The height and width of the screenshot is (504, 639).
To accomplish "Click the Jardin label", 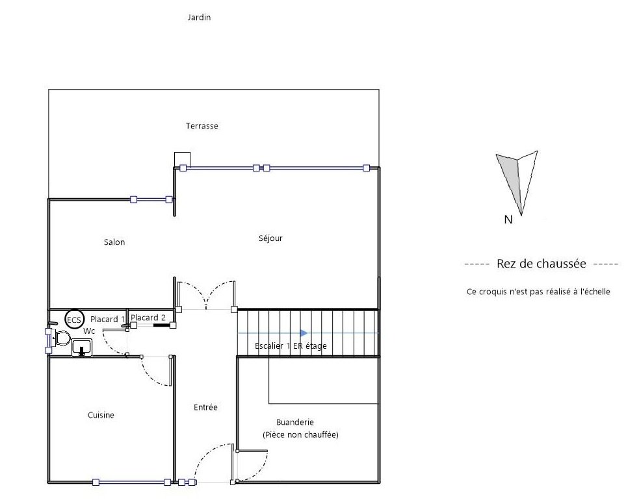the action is [199, 18].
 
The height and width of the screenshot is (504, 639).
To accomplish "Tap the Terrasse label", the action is [202, 126].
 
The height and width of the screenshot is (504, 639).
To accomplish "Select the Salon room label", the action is [114, 242].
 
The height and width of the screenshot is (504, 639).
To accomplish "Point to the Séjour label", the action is [270, 238].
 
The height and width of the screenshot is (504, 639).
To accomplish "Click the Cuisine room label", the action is [101, 415].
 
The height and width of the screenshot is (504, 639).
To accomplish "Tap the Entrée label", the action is [205, 407].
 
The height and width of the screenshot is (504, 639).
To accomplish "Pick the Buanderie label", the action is [294, 422].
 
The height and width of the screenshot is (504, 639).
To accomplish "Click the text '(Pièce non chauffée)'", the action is [300, 435].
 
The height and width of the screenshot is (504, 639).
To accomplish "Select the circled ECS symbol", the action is [74, 320].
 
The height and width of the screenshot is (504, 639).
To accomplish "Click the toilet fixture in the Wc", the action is [60, 338].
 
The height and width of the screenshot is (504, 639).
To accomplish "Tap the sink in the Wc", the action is [82, 349].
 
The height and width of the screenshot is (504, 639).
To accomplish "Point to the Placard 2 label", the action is [148, 318].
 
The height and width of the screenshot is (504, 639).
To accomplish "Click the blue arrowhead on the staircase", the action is [304, 333].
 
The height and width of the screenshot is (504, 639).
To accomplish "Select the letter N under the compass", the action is [508, 220].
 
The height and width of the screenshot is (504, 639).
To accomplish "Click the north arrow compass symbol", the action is [517, 183].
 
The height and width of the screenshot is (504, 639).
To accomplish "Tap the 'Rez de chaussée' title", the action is [541, 264].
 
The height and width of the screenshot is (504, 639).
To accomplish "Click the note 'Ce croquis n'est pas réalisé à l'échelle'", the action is [538, 292].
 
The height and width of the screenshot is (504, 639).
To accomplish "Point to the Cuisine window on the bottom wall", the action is [131, 483].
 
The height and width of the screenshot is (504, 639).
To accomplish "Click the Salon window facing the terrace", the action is [151, 199].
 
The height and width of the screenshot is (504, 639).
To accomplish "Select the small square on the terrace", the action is [182, 160].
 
